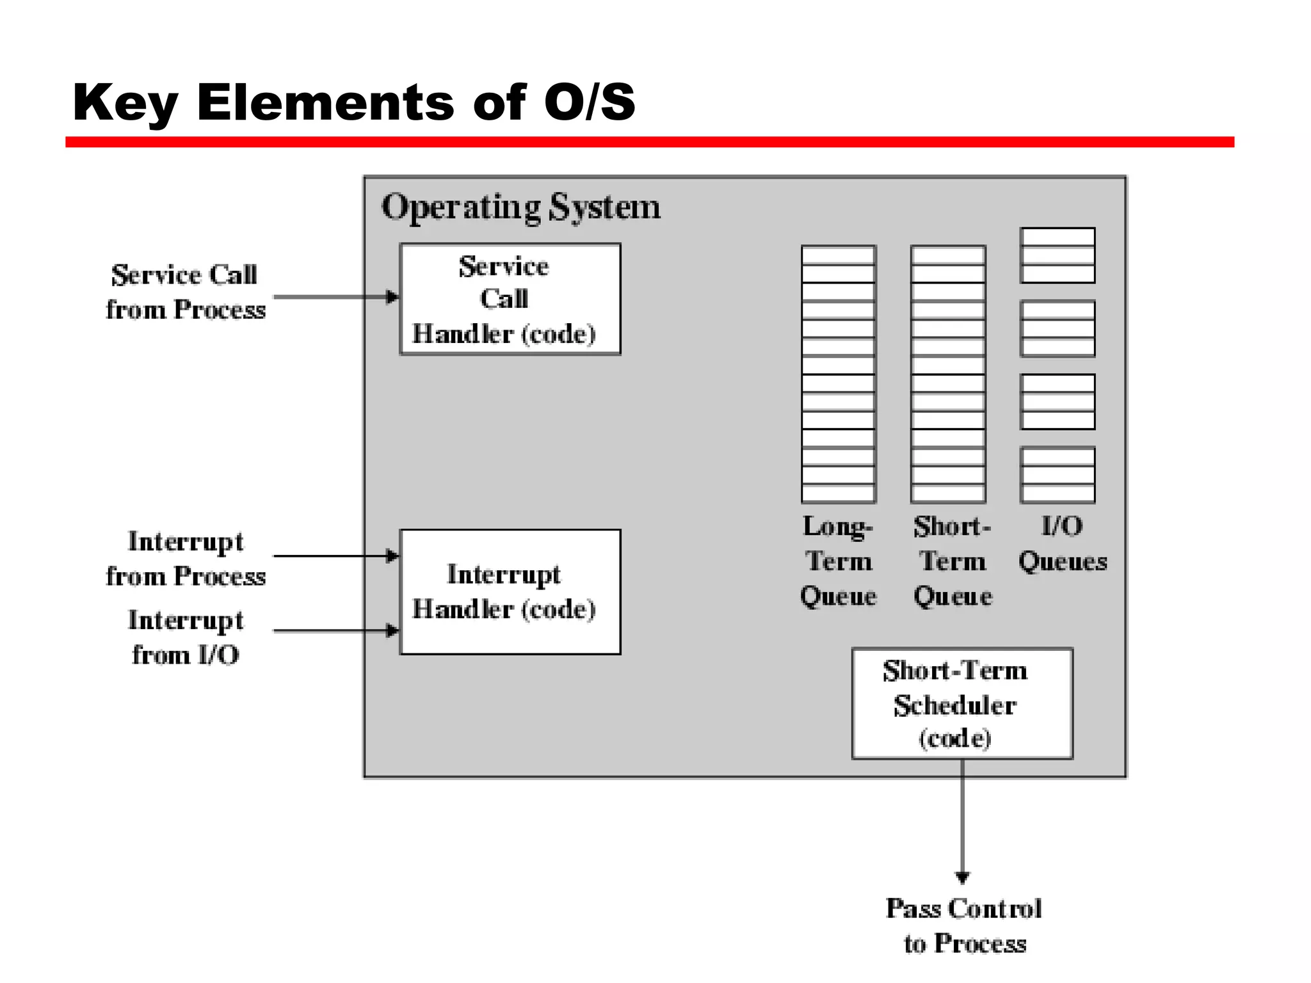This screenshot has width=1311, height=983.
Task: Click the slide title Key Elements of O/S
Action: [353, 102]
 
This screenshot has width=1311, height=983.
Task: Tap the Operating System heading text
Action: [520, 207]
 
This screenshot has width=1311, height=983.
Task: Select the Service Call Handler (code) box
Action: [510, 299]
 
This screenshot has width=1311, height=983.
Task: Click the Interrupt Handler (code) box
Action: [510, 591]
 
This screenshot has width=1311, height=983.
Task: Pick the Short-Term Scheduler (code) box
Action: [961, 703]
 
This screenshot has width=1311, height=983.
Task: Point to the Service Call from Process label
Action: [185, 292]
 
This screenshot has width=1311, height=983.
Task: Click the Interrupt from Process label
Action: [185, 559]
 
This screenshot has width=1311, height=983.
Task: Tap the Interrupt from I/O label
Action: [185, 637]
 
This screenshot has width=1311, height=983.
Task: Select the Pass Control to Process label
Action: [963, 925]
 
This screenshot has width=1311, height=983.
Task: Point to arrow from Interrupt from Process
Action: [333, 556]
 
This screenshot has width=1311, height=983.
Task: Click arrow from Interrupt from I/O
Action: [333, 630]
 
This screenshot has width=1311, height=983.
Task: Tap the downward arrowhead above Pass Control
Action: [962, 876]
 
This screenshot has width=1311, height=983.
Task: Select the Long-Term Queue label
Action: [838, 561]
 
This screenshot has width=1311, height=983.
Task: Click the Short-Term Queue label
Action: [953, 561]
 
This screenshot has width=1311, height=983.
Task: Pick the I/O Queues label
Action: [1062, 544]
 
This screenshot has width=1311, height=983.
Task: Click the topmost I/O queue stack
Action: [1058, 255]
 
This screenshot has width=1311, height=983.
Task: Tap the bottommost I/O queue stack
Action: [1058, 475]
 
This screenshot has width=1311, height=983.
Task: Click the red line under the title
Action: [649, 142]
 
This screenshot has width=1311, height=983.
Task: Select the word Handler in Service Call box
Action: [462, 334]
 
